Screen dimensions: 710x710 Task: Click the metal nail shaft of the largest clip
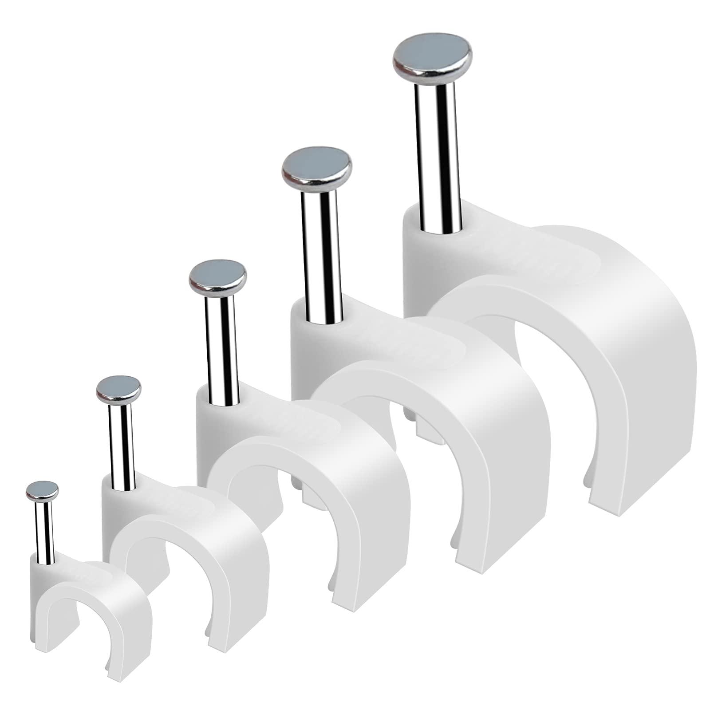pos(434,155)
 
